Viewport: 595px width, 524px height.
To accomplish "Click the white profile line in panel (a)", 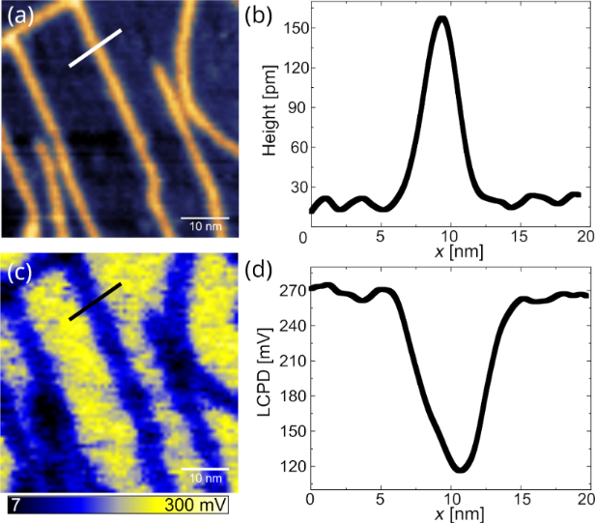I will click(x=95, y=48).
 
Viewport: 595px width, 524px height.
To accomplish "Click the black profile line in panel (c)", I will click(x=95, y=302).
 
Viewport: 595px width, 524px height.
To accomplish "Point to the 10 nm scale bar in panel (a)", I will click(x=205, y=218).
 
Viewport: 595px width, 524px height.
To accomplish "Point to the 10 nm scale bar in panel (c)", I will click(x=205, y=470).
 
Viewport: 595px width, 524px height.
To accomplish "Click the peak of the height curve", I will click(x=442, y=17).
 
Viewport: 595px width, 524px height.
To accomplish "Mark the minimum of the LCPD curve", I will click(x=461, y=470).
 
